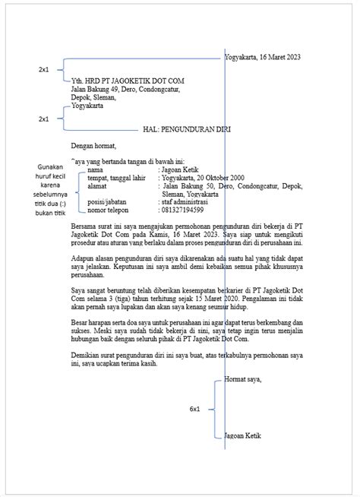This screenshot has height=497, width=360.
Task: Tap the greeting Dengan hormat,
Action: point(93,145)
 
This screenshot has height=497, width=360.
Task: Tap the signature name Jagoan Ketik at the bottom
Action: point(243,437)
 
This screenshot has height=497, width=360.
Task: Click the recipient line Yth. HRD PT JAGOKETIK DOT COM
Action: point(126,81)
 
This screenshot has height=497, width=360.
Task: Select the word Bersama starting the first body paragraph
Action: point(84,226)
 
